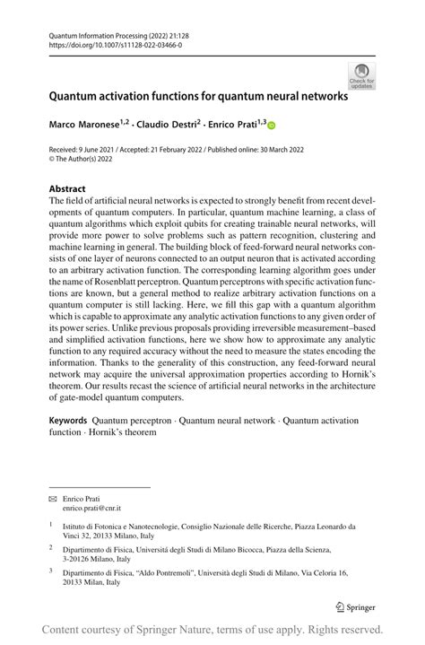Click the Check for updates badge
point(361,77)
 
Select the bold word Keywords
point(68,420)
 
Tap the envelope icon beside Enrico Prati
point(52,497)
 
